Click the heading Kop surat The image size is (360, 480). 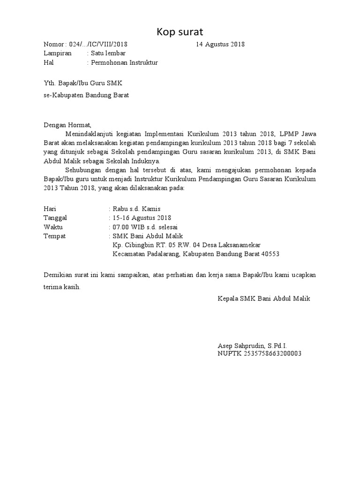click(x=180, y=32)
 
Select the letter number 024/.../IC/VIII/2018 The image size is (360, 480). click(x=98, y=45)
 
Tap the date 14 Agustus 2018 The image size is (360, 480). click(x=220, y=45)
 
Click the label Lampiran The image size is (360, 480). click(x=58, y=53)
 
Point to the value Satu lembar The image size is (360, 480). click(x=108, y=53)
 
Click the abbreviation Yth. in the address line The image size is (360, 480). click(x=49, y=83)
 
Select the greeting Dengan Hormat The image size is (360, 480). click(x=66, y=125)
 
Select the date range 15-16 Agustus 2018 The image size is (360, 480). click(x=142, y=218)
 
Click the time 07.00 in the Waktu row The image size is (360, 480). click(x=121, y=227)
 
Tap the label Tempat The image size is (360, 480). click(x=54, y=236)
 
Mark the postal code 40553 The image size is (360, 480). click(x=270, y=254)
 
